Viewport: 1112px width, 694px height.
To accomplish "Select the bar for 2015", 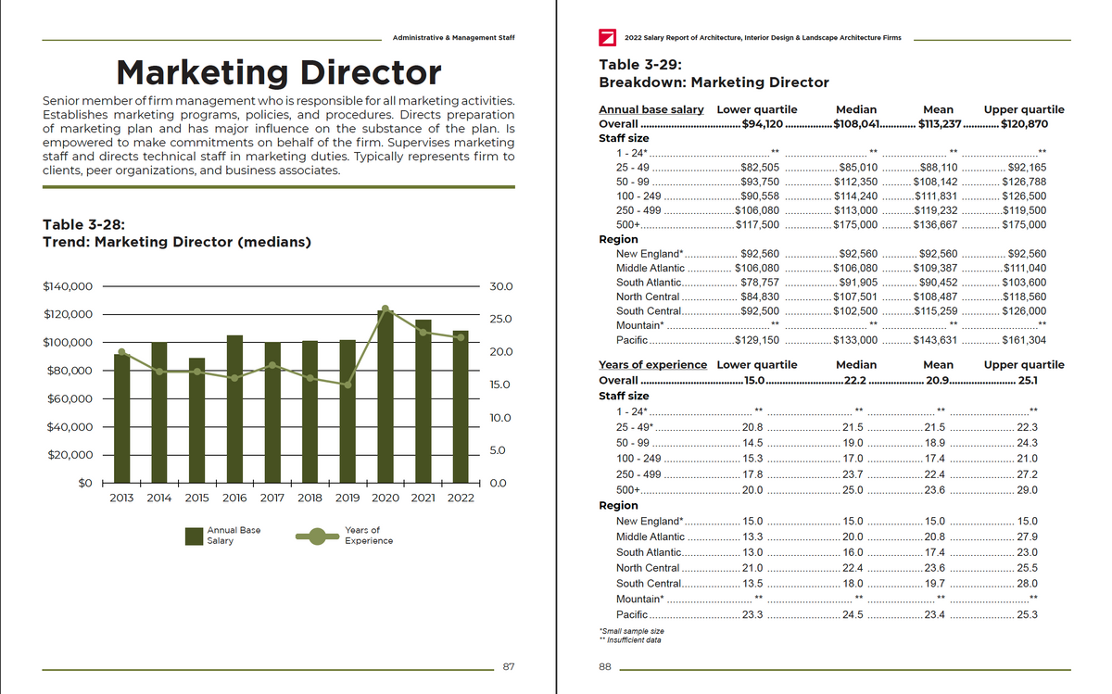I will pyautogui.click(x=196, y=421).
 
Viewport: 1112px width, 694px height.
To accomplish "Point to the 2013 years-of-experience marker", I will pyautogui.click(x=121, y=352).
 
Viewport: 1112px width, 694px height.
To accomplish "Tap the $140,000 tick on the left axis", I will pyautogui.click(x=68, y=285).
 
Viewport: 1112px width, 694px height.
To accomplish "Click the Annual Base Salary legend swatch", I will pyautogui.click(x=194, y=536).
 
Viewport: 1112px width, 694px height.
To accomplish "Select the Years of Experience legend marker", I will pyautogui.click(x=317, y=536).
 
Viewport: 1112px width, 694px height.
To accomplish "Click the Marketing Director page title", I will pyautogui.click(x=279, y=72).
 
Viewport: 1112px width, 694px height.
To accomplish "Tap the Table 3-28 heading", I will pyautogui.click(x=84, y=224).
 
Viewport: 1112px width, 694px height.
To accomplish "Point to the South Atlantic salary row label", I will pyautogui.click(x=649, y=282).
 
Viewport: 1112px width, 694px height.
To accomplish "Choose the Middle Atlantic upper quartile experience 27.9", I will pyautogui.click(x=1027, y=536).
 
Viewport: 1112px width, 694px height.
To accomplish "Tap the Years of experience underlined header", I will pyautogui.click(x=652, y=365).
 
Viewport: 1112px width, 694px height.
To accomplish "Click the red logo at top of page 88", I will pyautogui.click(x=608, y=38).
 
